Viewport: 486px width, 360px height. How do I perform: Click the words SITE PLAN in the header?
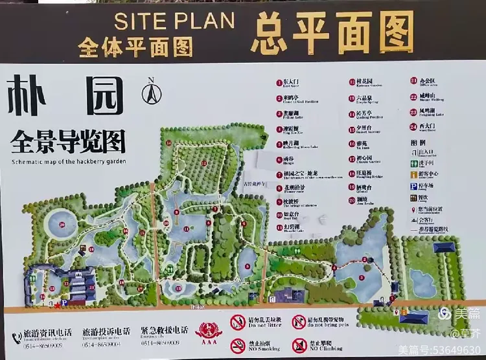click(174, 21)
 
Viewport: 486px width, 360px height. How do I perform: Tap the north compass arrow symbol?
click(152, 92)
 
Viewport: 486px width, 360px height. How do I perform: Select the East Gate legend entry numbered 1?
click(287, 84)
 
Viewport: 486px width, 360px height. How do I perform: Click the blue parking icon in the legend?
click(413, 186)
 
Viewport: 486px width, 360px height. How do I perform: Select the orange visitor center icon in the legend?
click(413, 175)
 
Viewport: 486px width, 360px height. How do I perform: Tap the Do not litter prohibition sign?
click(238, 322)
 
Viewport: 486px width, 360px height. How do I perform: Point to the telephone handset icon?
click(17, 337)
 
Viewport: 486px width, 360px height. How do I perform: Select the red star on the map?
click(58, 304)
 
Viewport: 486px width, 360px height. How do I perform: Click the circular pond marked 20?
click(62, 225)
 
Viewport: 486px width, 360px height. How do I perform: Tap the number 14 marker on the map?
click(167, 143)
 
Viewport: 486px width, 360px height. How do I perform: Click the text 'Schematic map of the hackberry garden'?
click(67, 161)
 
